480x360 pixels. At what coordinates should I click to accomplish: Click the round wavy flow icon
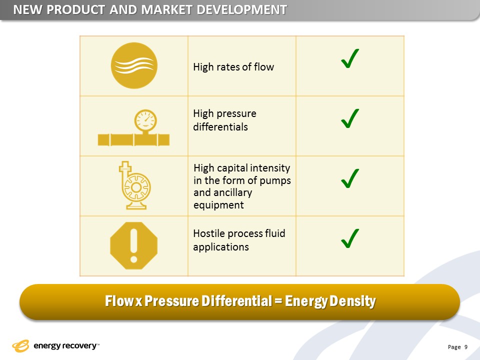click(134, 65)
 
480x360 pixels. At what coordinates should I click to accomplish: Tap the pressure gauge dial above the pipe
click(145, 120)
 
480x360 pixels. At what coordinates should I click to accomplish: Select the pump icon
click(134, 185)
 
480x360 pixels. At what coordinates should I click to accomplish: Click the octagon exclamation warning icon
click(134, 246)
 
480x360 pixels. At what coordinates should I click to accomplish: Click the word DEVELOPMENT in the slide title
click(242, 10)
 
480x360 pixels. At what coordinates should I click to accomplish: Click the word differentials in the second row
click(220, 126)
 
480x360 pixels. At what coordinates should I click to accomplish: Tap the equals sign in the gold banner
click(278, 301)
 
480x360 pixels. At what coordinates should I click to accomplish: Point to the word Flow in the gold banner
click(119, 301)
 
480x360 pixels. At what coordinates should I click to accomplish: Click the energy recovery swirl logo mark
click(20, 346)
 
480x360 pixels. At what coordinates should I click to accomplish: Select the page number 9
click(466, 347)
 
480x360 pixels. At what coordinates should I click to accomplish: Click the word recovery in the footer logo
click(79, 346)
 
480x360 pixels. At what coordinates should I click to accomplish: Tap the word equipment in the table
click(218, 205)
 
